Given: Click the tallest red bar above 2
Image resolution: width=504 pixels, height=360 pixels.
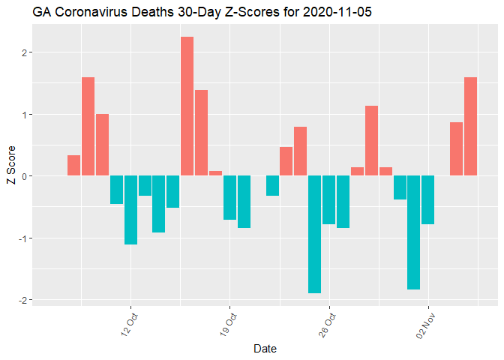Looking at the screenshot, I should (x=187, y=106).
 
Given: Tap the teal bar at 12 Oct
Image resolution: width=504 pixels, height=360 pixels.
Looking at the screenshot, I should (x=130, y=210).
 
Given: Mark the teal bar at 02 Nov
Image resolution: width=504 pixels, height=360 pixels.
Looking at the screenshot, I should (x=427, y=199).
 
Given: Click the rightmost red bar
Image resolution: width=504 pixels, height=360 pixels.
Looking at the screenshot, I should (x=470, y=126).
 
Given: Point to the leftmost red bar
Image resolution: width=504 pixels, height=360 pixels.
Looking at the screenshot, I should (x=73, y=165).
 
